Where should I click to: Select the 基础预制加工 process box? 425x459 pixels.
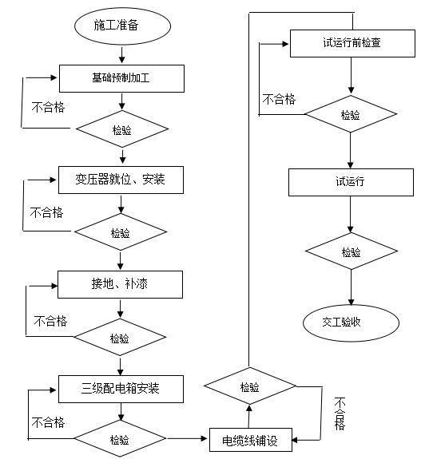[x=122, y=78]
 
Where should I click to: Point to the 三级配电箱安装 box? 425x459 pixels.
[x=121, y=389]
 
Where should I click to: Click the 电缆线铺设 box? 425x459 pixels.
[x=250, y=439]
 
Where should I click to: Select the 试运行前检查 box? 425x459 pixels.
[x=351, y=43]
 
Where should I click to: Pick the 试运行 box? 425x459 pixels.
[x=351, y=181]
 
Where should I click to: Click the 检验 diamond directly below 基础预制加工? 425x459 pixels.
[x=121, y=128]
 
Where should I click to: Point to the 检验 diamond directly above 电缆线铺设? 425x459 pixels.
[x=250, y=387]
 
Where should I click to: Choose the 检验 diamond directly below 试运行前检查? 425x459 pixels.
[x=350, y=114]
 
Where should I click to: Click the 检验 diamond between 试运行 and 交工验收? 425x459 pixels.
[x=351, y=252]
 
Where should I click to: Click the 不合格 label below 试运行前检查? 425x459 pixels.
[x=279, y=99]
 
